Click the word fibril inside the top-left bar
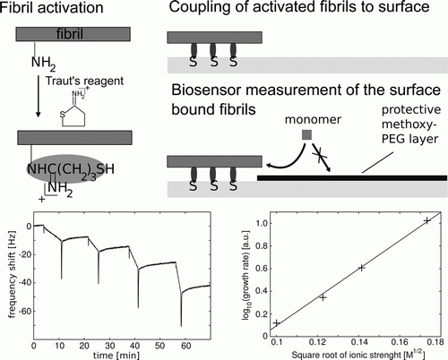coord(70,34)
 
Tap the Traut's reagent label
coord(84,81)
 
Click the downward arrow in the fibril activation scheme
coord(38,96)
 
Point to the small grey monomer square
coord(307,135)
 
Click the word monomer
coord(313,120)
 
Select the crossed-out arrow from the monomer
coord(322,158)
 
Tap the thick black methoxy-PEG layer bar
coord(352,178)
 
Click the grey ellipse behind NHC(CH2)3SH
coord(66,169)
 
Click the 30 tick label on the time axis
coord(109,346)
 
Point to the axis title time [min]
coord(116,356)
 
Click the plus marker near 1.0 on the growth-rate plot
coord(427,221)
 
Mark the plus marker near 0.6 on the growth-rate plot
coord(361,268)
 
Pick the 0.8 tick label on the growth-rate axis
coord(262,246)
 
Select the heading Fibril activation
coord(51,8)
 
